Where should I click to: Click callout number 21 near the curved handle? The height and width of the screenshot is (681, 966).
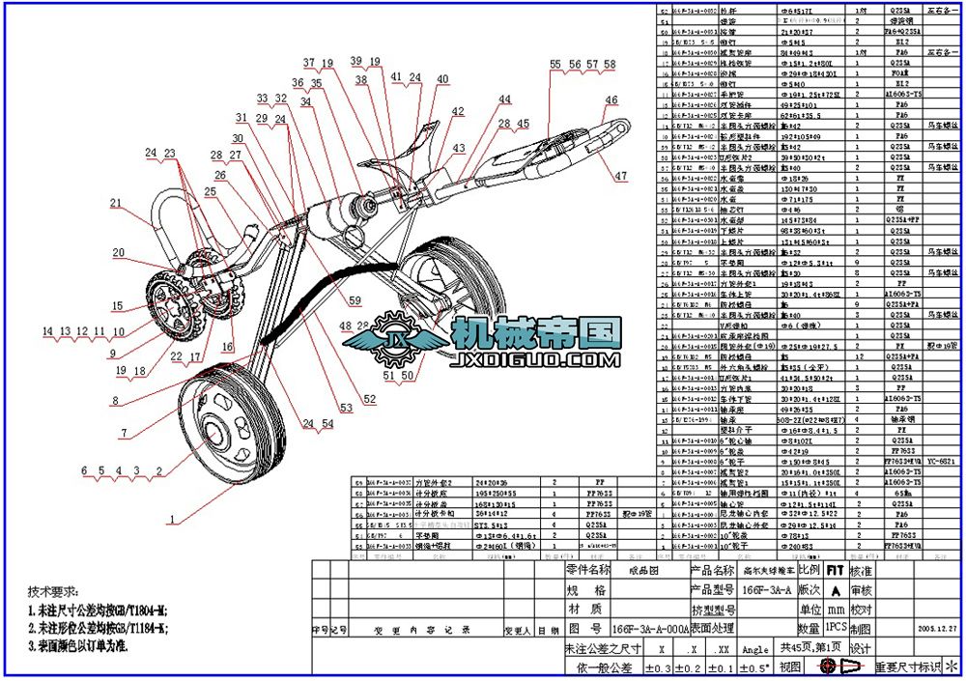[x=116, y=203]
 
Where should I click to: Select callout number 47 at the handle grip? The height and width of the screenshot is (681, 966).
[x=620, y=176]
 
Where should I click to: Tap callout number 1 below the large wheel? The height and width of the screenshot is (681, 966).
[x=173, y=520]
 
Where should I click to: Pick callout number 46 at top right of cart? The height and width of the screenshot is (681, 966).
[x=611, y=100]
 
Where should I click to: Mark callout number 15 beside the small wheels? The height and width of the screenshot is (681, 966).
[x=116, y=306]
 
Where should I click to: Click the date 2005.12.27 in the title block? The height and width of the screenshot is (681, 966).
[x=936, y=628]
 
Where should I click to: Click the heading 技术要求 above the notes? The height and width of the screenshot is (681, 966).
[x=49, y=591]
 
